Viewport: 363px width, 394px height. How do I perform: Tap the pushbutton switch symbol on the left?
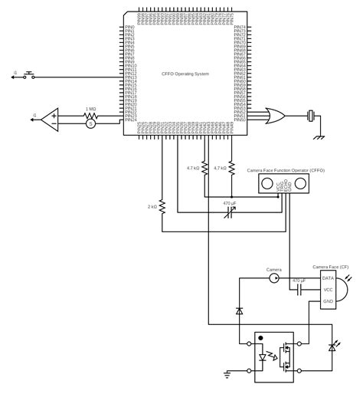point(30,77)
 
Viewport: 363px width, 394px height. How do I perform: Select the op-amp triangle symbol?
point(51,119)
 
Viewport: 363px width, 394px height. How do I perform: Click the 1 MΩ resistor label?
point(90,109)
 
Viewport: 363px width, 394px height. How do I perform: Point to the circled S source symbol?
point(90,123)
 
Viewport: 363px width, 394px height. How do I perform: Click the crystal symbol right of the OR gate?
point(310,116)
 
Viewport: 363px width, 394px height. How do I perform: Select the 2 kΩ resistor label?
point(153,205)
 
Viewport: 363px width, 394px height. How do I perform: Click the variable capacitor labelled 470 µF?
point(228,212)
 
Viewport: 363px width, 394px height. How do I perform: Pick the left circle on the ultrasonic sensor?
point(268,182)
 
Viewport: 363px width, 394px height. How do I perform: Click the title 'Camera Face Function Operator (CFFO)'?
point(286,170)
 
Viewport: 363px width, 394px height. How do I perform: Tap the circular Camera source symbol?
point(274,278)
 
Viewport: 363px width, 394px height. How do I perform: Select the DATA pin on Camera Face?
point(328,277)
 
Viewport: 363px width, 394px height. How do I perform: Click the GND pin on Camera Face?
point(328,301)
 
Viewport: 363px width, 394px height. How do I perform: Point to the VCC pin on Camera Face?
point(328,290)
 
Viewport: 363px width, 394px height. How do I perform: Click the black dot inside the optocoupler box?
point(261,337)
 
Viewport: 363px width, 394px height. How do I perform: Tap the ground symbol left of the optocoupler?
point(227,373)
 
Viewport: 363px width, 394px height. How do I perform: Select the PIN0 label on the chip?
point(129,28)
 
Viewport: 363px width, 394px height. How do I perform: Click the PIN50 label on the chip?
point(240,120)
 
